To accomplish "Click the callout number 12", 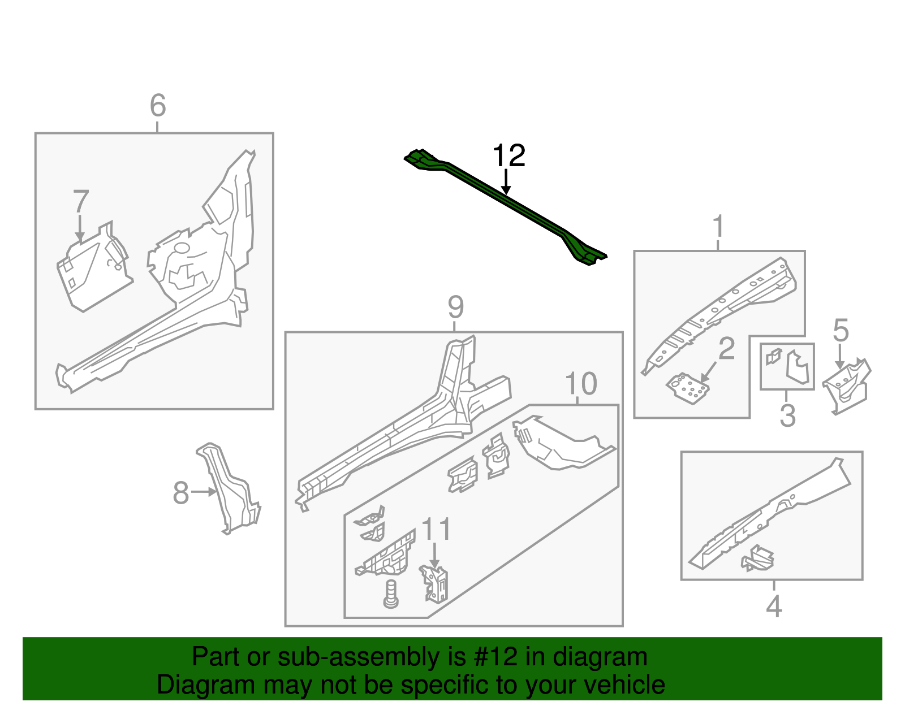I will click(508, 155).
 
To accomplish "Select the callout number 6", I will click(158, 106).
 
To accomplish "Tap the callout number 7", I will click(81, 202).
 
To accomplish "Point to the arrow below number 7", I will click(80, 228).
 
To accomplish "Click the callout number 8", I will click(180, 493).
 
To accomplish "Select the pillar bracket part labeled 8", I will click(229, 492).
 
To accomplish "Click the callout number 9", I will click(455, 307).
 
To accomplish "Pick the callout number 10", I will click(581, 384).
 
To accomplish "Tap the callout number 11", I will click(437, 530).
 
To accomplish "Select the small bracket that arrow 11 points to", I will click(434, 584).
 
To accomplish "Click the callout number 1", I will click(718, 227).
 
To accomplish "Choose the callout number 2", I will click(726, 349).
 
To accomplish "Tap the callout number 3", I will click(787, 415).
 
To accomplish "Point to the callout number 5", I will click(841, 331).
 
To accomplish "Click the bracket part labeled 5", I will click(847, 386).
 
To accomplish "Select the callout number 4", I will click(773, 607).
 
